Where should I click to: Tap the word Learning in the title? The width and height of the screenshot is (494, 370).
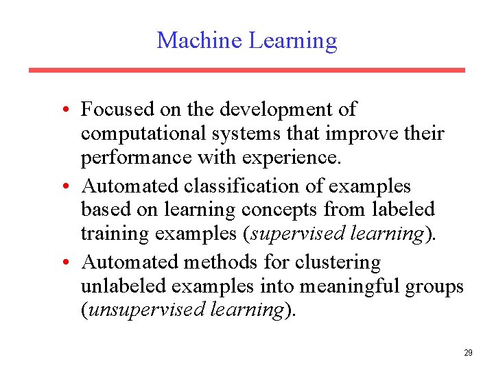click(x=292, y=41)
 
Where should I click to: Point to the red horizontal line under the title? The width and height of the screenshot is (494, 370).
click(x=246, y=70)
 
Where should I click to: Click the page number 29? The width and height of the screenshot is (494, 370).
click(x=468, y=353)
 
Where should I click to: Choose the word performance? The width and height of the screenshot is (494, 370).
click(x=137, y=158)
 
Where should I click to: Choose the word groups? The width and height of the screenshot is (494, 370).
click(x=437, y=286)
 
